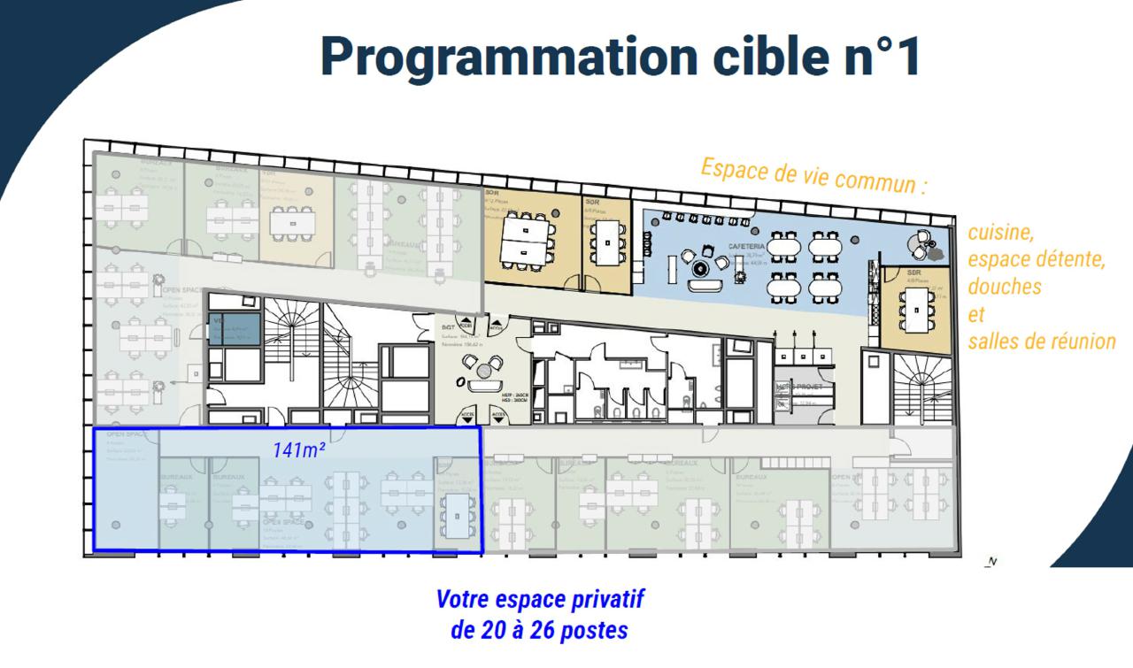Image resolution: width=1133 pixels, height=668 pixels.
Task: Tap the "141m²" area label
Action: (298, 450)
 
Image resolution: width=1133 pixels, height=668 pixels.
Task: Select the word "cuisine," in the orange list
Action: (1001, 234)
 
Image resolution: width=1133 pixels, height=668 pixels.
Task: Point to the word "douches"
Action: (1005, 288)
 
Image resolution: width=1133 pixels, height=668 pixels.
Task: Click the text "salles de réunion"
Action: (1041, 342)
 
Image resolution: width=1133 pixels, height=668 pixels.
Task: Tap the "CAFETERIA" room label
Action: (746, 246)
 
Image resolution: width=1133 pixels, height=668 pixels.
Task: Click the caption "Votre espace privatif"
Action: (540, 599)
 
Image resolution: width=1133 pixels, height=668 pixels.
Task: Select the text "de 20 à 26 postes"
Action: (540, 631)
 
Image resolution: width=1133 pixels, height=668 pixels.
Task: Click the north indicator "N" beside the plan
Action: (991, 561)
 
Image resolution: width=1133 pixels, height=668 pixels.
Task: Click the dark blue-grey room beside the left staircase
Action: (235, 329)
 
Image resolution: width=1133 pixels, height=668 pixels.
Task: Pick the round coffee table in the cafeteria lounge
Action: (701, 267)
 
